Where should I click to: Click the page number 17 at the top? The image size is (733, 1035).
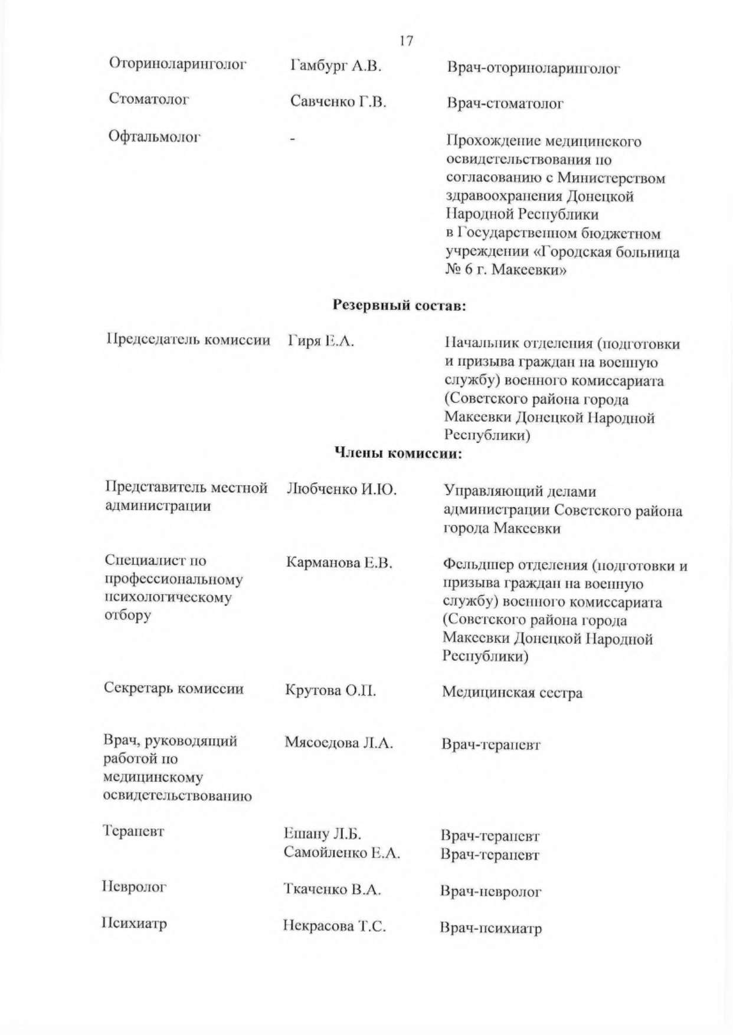pyautogui.click(x=405, y=41)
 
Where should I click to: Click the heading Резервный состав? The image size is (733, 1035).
pyautogui.click(x=400, y=305)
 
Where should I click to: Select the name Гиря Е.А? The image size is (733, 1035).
pyautogui.click(x=321, y=341)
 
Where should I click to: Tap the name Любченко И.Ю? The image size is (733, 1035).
pyautogui.click(x=341, y=489)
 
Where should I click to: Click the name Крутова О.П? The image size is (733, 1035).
pyautogui.click(x=330, y=690)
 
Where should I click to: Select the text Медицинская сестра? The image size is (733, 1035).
pyautogui.click(x=512, y=692)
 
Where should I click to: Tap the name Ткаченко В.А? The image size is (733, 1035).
pyautogui.click(x=332, y=889)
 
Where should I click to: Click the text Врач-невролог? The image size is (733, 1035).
pyautogui.click(x=490, y=891)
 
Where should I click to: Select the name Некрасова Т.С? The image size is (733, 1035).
pyautogui.click(x=334, y=926)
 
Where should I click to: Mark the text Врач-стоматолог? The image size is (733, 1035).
pyautogui.click(x=505, y=104)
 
